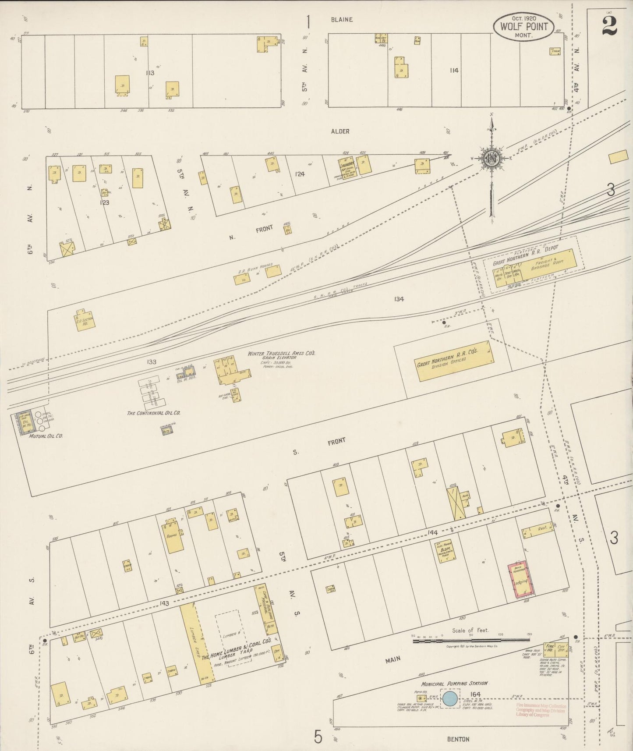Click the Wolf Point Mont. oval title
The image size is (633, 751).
(523, 27)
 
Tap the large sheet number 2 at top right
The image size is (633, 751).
(609, 26)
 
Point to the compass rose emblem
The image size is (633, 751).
(492, 159)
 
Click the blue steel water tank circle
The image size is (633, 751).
(450, 698)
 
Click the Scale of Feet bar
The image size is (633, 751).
(471, 641)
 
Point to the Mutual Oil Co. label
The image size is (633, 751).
(46, 436)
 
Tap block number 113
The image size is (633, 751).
(150, 73)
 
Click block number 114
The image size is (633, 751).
(454, 70)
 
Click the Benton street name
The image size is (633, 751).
(458, 739)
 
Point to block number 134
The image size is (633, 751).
(398, 299)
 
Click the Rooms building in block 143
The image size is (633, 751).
(174, 537)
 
